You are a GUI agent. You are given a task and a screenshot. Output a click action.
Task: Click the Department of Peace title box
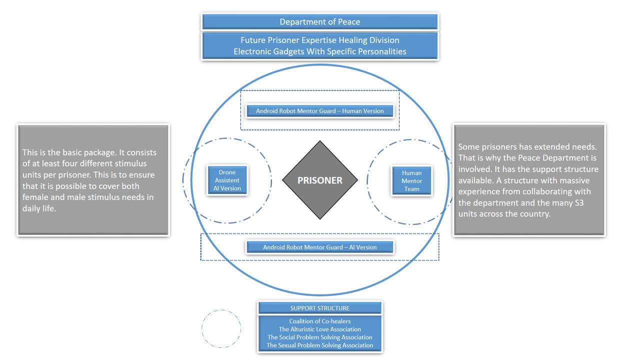point(320,22)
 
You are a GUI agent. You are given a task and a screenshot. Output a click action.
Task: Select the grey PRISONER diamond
point(320,180)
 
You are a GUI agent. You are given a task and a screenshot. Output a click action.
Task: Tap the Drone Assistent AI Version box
point(227,180)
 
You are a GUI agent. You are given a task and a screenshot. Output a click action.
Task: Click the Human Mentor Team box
point(412,181)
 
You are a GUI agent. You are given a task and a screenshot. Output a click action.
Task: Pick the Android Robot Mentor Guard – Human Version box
point(320,111)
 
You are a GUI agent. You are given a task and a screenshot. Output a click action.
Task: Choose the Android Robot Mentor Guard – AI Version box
point(320,247)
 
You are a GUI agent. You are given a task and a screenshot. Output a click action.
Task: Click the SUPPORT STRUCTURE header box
point(320,308)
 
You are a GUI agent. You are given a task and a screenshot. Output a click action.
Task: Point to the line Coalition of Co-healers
point(320,321)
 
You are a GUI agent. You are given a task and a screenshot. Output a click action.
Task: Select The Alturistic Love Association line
point(320,329)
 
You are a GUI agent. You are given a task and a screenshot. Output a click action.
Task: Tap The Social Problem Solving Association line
point(320,337)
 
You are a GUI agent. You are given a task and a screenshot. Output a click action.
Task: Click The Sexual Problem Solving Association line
point(320,345)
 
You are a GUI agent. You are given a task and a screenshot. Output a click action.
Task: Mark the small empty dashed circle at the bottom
point(221,328)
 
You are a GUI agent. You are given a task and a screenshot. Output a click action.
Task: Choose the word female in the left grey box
point(35,197)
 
